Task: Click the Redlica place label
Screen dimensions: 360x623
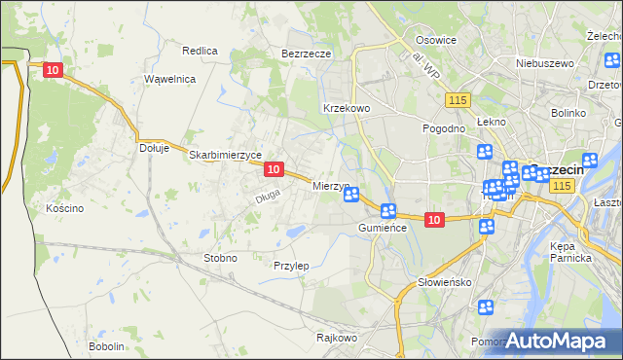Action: tap(199, 50)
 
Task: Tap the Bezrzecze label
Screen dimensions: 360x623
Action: tap(307, 54)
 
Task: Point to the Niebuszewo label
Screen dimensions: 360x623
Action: tap(545, 63)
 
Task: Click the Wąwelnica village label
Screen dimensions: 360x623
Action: tap(169, 79)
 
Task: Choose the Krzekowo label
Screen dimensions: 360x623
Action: tap(346, 108)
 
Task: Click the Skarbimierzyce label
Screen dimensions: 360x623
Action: tap(225, 155)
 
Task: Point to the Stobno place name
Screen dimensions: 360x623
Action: tap(219, 258)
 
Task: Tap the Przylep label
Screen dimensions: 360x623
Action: tap(291, 266)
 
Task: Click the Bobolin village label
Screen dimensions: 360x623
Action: tap(106, 346)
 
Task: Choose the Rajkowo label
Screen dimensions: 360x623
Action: tap(337, 339)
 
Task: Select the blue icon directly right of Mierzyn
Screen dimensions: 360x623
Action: tap(352, 195)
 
